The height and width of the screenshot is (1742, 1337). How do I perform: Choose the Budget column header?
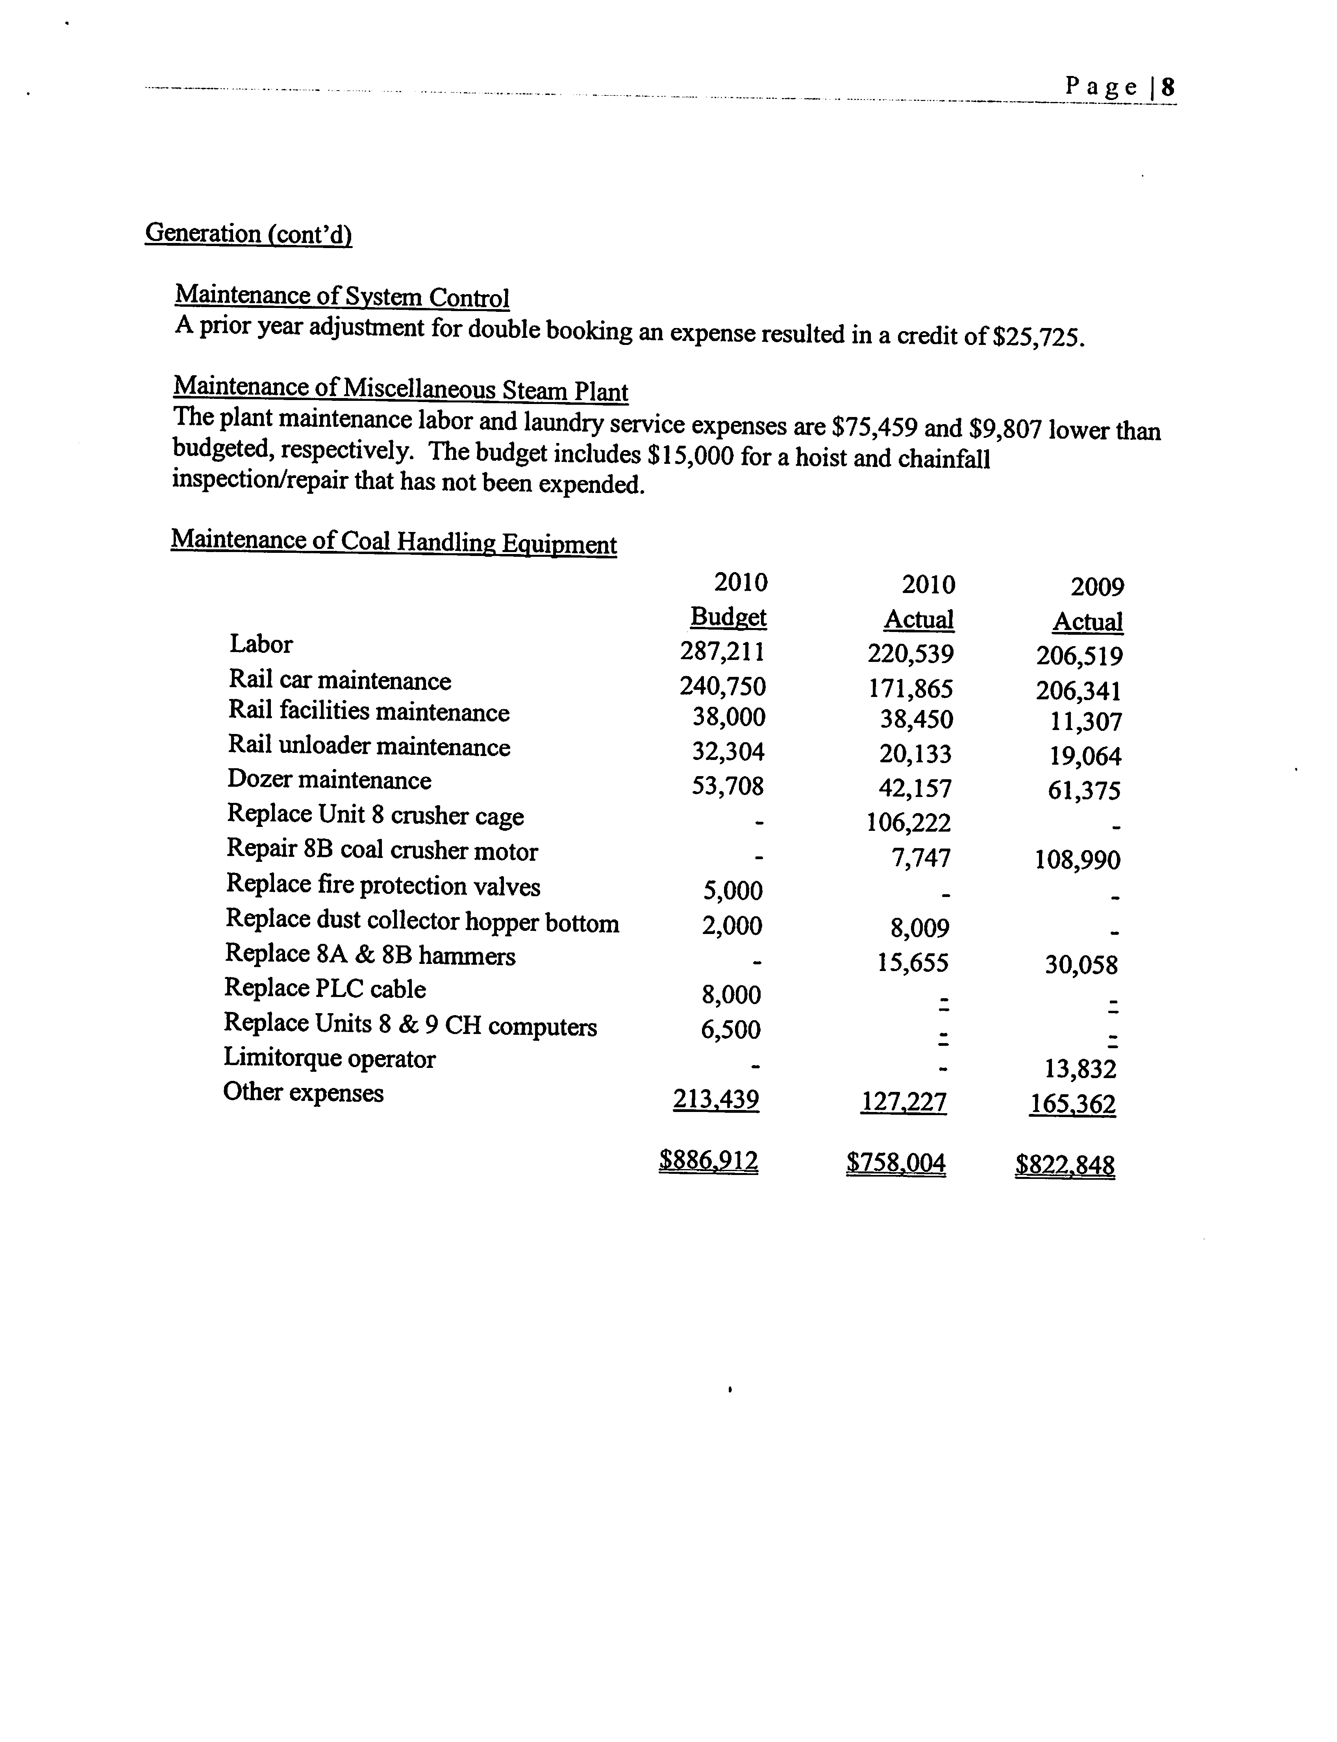[x=728, y=617]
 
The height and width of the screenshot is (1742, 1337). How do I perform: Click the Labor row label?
[x=261, y=644]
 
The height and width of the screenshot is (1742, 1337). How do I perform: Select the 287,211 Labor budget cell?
[x=722, y=652]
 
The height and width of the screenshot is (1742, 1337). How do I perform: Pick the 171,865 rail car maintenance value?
[x=911, y=688]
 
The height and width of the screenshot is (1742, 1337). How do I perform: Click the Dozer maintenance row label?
[x=330, y=780]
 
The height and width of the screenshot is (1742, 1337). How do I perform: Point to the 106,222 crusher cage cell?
[x=909, y=822]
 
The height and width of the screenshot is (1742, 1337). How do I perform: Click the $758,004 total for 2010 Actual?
[x=896, y=1164]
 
